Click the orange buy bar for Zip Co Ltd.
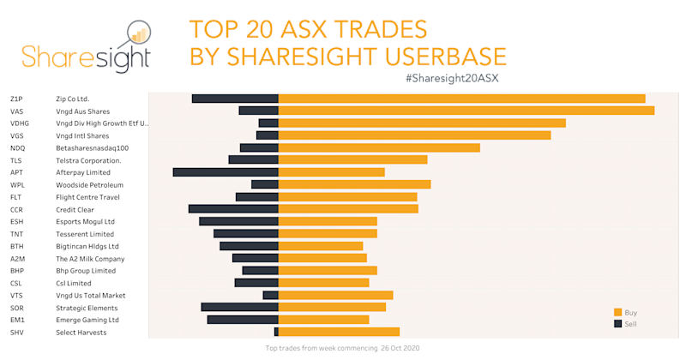coord(461,99)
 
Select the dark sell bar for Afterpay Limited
coord(226,172)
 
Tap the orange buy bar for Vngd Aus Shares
coord(466,111)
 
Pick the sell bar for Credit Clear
coord(233,209)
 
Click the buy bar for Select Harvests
coord(339,332)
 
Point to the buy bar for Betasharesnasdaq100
coord(379,147)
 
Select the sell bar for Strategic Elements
coord(240,307)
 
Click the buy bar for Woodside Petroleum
coord(354,184)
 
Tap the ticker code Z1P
coord(16,99)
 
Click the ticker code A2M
coord(17,258)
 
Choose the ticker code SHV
coord(17,332)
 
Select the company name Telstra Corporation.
coord(88,160)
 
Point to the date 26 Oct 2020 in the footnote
coord(399,349)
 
